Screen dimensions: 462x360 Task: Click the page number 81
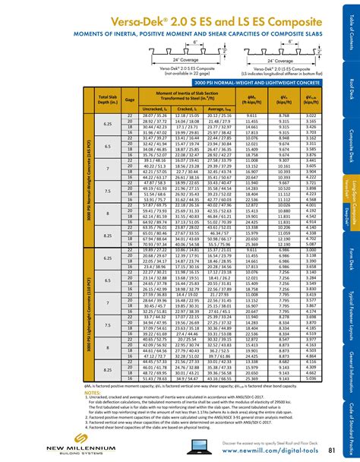coord(332,451)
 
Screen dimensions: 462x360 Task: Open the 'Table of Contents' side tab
coord(352,30)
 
